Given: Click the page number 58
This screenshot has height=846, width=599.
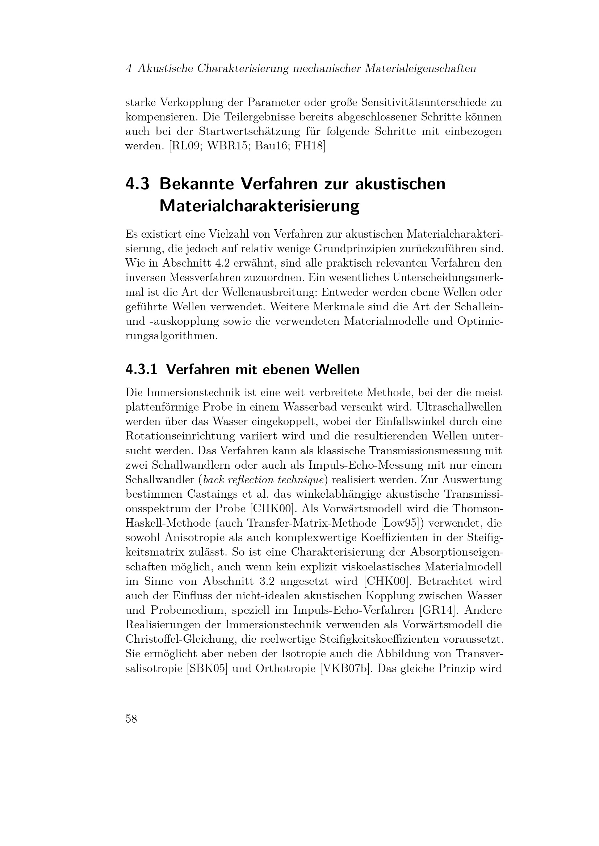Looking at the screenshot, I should click(131, 719).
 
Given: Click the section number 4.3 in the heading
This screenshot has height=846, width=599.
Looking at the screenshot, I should click(137, 184).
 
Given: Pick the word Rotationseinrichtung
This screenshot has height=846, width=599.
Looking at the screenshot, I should click(180, 436).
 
